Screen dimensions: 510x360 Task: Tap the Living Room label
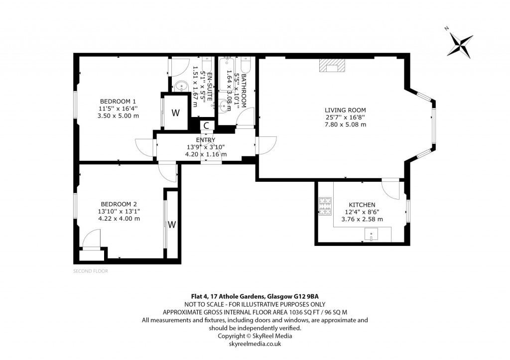point(345,110)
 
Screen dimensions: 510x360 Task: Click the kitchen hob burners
point(325,206)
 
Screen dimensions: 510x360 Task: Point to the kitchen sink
point(371,234)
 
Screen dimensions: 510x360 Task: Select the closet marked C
point(206,125)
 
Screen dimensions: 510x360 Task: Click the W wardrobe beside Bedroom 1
point(176,113)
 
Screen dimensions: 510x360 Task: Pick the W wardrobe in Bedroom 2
point(172,225)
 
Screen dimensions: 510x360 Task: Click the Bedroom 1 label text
point(118,101)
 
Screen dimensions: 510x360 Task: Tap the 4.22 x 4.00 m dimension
point(119,219)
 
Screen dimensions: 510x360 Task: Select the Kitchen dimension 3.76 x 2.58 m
point(362,219)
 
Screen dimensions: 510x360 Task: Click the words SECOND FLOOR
point(91,271)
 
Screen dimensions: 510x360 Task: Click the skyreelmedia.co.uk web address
point(255,344)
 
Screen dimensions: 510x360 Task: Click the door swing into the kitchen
point(390,189)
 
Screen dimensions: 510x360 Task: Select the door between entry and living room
point(266,145)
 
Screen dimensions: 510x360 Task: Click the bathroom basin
point(225,106)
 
